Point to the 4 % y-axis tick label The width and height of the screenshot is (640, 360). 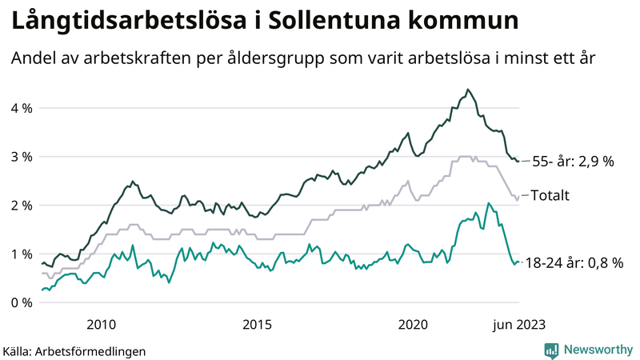[x=22, y=108]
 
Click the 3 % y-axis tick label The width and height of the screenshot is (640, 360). [x=22, y=157]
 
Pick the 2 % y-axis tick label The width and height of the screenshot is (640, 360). [x=22, y=206]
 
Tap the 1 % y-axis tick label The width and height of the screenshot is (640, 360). [x=22, y=254]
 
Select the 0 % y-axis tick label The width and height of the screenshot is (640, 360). [x=22, y=303]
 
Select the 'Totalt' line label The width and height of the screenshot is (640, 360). [x=550, y=194]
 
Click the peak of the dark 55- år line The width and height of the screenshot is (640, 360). [x=467, y=90]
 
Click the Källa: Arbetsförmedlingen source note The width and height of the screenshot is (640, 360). [x=74, y=350]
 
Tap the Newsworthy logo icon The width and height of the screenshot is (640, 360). [x=551, y=350]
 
